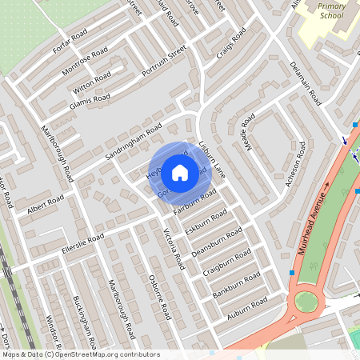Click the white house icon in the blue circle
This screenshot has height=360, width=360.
click(x=180, y=172)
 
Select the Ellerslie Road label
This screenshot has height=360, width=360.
click(x=83, y=242)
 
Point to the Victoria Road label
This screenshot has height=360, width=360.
click(x=174, y=247)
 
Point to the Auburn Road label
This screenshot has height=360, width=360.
click(x=248, y=307)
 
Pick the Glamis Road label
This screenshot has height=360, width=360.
click(x=90, y=98)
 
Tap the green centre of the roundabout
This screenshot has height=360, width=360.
click(x=306, y=302)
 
